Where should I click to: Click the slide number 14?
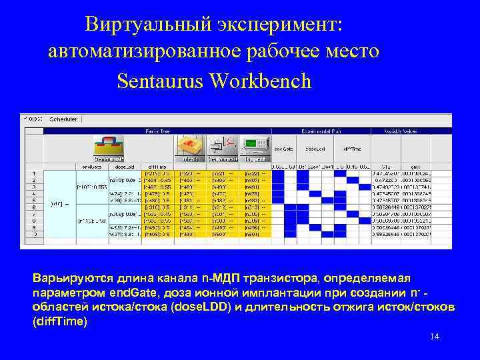[x=435, y=337]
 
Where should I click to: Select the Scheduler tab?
[x=63, y=119]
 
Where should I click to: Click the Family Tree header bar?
[x=158, y=131]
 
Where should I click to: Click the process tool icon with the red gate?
[x=109, y=148]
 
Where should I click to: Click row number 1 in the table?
[x=33, y=173]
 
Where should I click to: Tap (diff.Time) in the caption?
[x=60, y=321]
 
